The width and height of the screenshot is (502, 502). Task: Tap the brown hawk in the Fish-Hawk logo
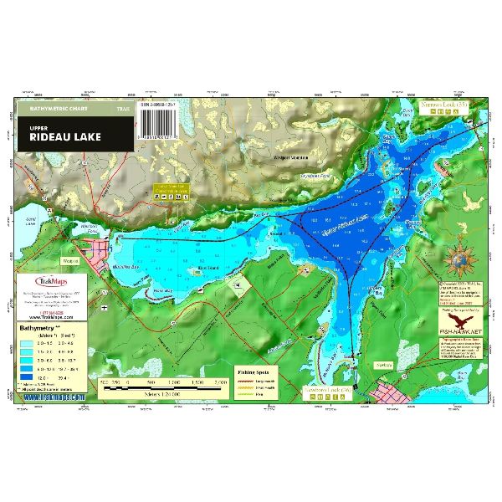pyautogui.click(x=458, y=321)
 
